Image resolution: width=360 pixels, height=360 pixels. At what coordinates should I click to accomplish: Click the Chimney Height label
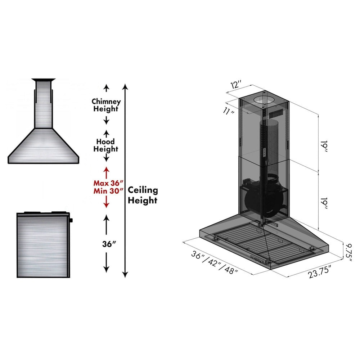pos(106,105)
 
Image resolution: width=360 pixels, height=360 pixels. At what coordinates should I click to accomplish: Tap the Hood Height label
pos(106,145)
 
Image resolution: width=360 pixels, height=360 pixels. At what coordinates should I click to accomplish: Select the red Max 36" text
pos(106,183)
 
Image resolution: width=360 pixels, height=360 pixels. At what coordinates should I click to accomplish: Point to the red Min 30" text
pos(106,191)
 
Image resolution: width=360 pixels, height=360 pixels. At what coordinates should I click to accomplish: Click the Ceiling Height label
pos(143,195)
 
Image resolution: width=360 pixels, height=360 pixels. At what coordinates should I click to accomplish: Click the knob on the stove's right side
pos(71,220)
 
